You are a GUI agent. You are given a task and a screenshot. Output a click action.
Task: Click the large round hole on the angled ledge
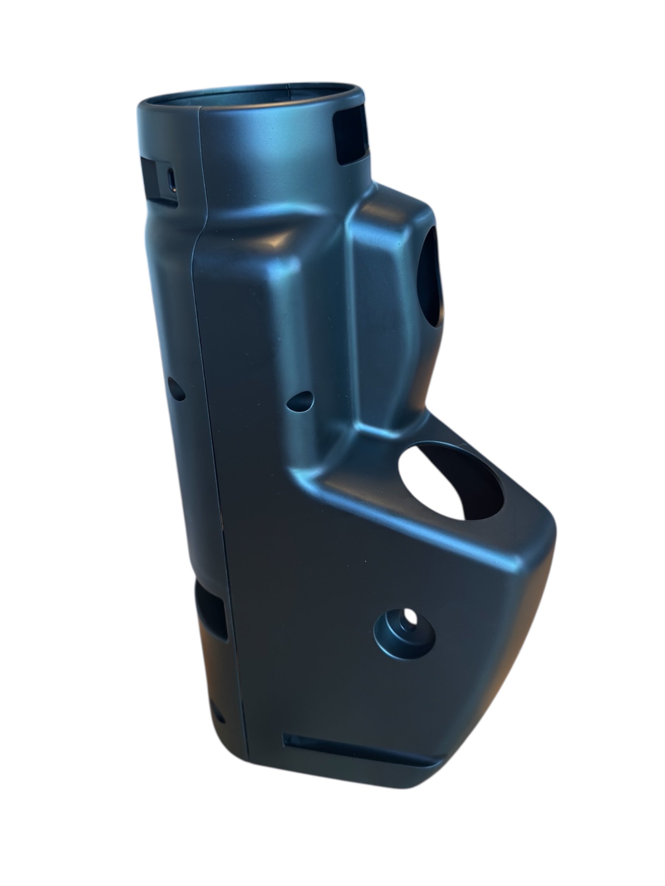tap(449, 481)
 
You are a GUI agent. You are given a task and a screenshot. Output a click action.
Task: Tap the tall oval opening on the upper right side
tap(431, 277)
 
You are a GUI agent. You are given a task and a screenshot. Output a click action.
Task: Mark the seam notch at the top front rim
tap(199, 109)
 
